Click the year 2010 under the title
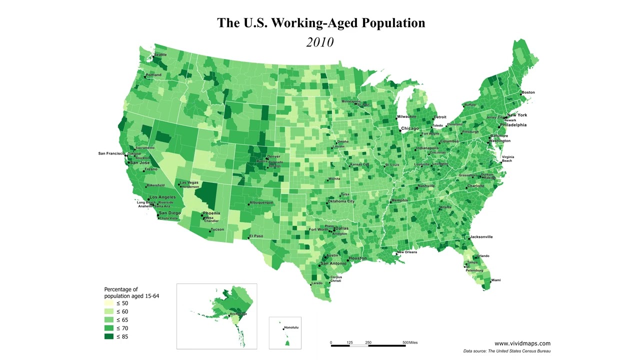(320, 42)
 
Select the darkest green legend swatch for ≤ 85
(109, 336)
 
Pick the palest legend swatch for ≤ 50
(109, 303)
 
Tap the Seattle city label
(160, 54)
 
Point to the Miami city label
(495, 280)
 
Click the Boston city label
(528, 92)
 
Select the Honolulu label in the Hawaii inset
(291, 328)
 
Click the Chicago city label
(410, 128)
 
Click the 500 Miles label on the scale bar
(410, 343)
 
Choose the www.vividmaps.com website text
(522, 343)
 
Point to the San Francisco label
(111, 153)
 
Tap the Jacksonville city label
(481, 237)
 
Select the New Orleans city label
(407, 252)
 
